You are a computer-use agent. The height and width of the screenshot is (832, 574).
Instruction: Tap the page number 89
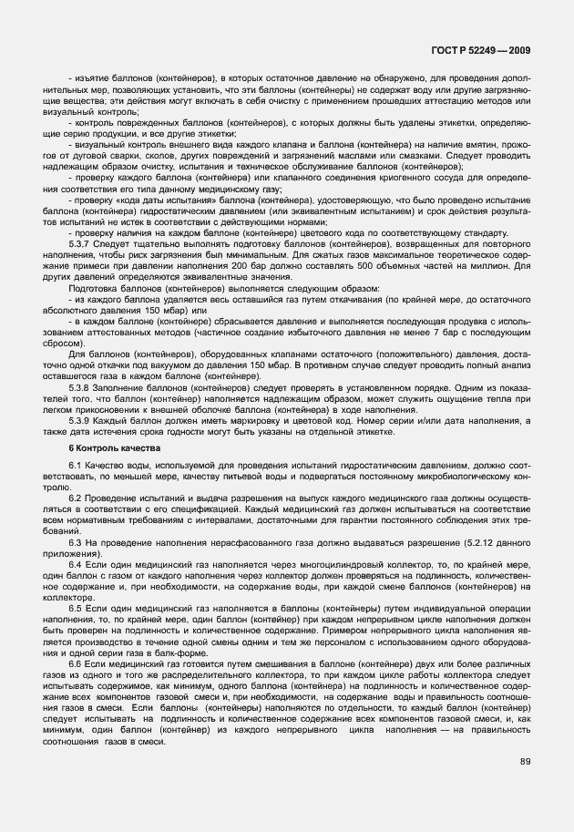click(525, 761)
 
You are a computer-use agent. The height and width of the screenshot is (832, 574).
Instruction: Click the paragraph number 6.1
click(76, 467)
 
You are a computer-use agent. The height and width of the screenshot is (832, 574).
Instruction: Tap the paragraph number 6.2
click(76, 498)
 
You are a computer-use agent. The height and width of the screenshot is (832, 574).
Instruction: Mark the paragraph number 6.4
click(76, 565)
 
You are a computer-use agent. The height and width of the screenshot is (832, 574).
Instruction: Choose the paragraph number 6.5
click(76, 607)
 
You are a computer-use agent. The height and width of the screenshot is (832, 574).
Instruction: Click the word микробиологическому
click(456, 477)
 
